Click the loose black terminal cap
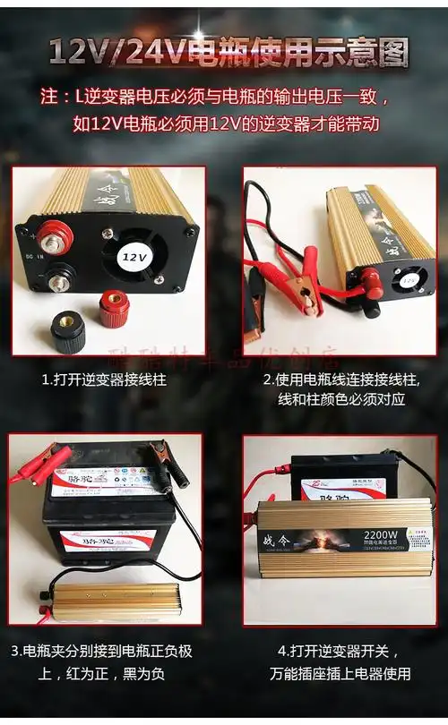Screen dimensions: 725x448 pyautogui.click(x=67, y=332)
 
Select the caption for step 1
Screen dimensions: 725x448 pyautogui.click(x=104, y=380)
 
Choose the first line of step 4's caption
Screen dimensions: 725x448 pyautogui.click(x=340, y=651)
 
